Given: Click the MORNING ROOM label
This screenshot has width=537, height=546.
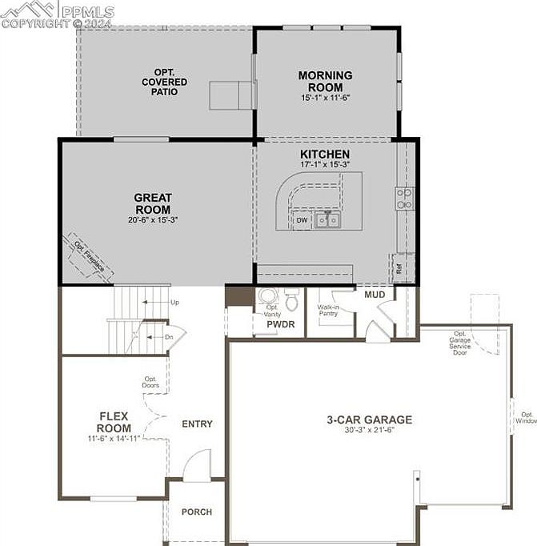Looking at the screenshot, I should point(325,82).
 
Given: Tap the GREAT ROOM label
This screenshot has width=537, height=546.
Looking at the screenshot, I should point(153,203).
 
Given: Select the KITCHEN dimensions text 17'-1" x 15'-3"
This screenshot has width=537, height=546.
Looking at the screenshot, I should point(324,164).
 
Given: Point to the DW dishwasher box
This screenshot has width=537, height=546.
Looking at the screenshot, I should point(302,219).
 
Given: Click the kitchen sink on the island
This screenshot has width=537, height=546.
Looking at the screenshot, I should point(326,219).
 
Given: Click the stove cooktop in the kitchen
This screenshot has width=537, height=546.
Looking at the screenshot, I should point(404,199).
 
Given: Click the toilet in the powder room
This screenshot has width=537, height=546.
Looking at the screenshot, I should point(292,300).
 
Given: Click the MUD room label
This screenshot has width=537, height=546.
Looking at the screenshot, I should point(375,295).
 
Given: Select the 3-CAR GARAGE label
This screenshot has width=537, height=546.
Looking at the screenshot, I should point(369,420).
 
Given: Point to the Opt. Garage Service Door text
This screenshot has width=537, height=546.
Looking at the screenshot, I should point(460,342).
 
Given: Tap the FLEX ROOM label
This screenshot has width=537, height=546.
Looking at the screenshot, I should point(114,422).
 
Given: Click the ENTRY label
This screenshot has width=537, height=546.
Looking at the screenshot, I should point(197,424).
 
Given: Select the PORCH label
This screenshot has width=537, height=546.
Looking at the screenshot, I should point(196,512).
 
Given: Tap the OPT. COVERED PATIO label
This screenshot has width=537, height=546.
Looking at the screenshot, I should point(165,82).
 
